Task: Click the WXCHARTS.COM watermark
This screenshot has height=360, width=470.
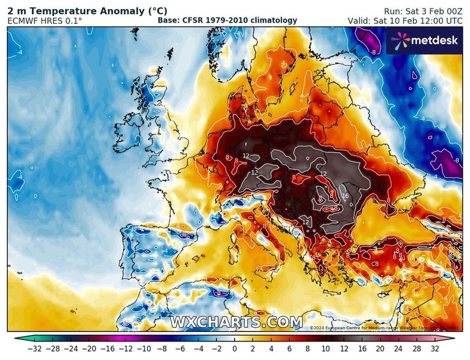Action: [x=236, y=322]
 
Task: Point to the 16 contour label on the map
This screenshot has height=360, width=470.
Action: [x=345, y=196]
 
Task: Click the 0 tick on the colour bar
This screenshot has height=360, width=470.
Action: [x=235, y=348]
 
